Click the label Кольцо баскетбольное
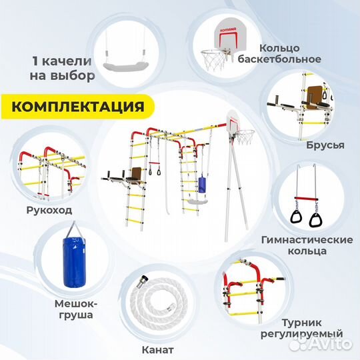coord(290,53)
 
